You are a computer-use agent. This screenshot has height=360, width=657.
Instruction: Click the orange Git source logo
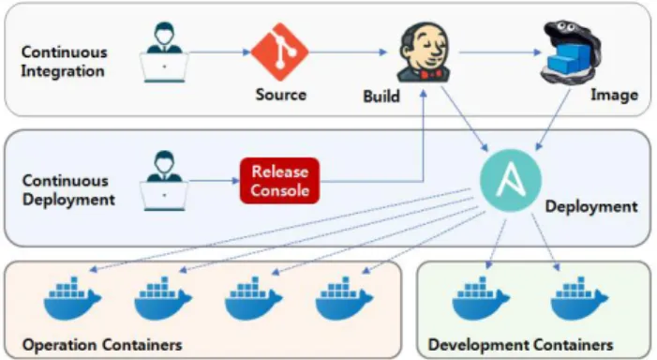(x=280, y=52)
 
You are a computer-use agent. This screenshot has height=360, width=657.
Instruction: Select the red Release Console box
(x=279, y=181)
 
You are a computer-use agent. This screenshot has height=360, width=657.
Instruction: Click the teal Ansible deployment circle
(x=511, y=181)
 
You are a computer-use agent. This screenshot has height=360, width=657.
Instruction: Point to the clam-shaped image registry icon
(x=571, y=52)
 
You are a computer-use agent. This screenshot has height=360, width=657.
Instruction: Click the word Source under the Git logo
(x=281, y=95)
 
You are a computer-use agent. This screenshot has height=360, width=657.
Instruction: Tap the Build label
(x=381, y=97)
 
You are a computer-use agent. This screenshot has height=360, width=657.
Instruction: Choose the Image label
(x=614, y=95)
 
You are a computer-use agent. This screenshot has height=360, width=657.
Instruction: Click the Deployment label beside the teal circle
(x=591, y=206)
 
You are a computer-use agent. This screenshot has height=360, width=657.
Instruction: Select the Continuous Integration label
(x=64, y=62)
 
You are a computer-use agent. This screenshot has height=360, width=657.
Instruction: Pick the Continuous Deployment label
(x=68, y=190)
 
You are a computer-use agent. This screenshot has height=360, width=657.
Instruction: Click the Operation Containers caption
(x=102, y=345)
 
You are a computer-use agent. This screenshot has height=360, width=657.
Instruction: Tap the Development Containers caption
(x=520, y=345)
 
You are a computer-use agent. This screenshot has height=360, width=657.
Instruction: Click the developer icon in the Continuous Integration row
(x=164, y=52)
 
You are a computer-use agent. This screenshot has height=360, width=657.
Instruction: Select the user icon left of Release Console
(x=164, y=181)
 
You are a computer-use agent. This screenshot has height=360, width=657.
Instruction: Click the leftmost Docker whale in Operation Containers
(x=72, y=298)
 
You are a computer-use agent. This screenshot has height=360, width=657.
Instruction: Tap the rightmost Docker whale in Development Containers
(x=579, y=298)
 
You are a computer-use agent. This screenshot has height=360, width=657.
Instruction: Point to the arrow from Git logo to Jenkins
(x=348, y=52)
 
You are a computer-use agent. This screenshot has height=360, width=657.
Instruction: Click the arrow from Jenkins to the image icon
(x=500, y=52)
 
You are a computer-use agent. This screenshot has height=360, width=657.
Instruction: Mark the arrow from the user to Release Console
(x=214, y=181)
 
